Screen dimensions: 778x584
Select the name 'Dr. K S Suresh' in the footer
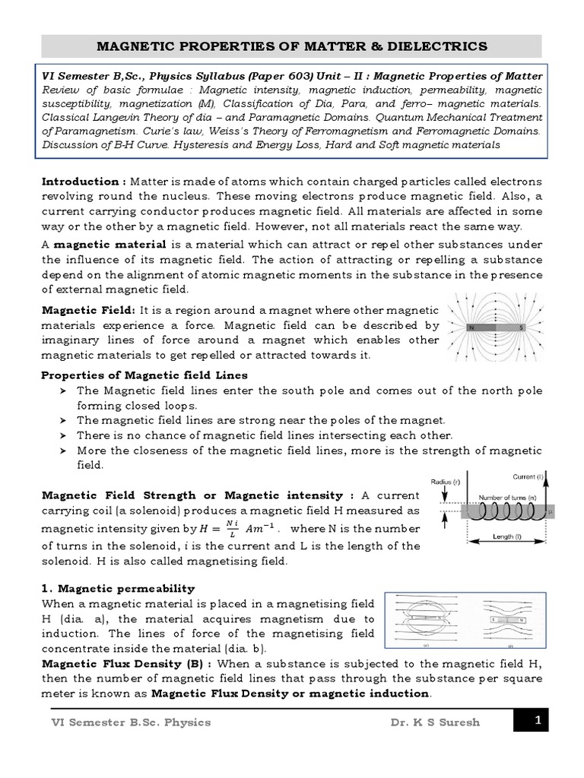click(433, 722)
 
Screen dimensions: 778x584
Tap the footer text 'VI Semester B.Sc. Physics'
click(125, 722)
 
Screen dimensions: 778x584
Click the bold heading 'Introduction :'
click(84, 182)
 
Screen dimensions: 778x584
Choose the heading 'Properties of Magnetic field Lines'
click(144, 375)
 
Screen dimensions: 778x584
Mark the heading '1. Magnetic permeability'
click(118, 588)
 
